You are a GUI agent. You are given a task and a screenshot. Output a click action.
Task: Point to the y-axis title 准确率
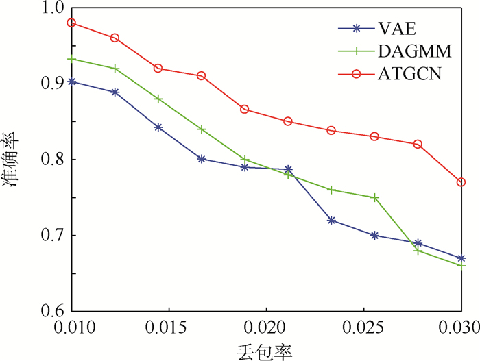(x=13, y=160)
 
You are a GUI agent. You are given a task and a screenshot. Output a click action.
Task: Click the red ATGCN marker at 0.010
(x=71, y=23)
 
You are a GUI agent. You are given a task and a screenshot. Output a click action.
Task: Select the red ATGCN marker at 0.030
(x=461, y=182)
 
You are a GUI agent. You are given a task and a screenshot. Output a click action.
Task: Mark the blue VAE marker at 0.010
(x=71, y=82)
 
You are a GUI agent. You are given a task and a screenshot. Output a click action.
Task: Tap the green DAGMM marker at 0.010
(x=71, y=59)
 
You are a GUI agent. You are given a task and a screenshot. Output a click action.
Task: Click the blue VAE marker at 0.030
(x=461, y=258)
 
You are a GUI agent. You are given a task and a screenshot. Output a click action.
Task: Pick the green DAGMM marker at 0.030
(x=461, y=266)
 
